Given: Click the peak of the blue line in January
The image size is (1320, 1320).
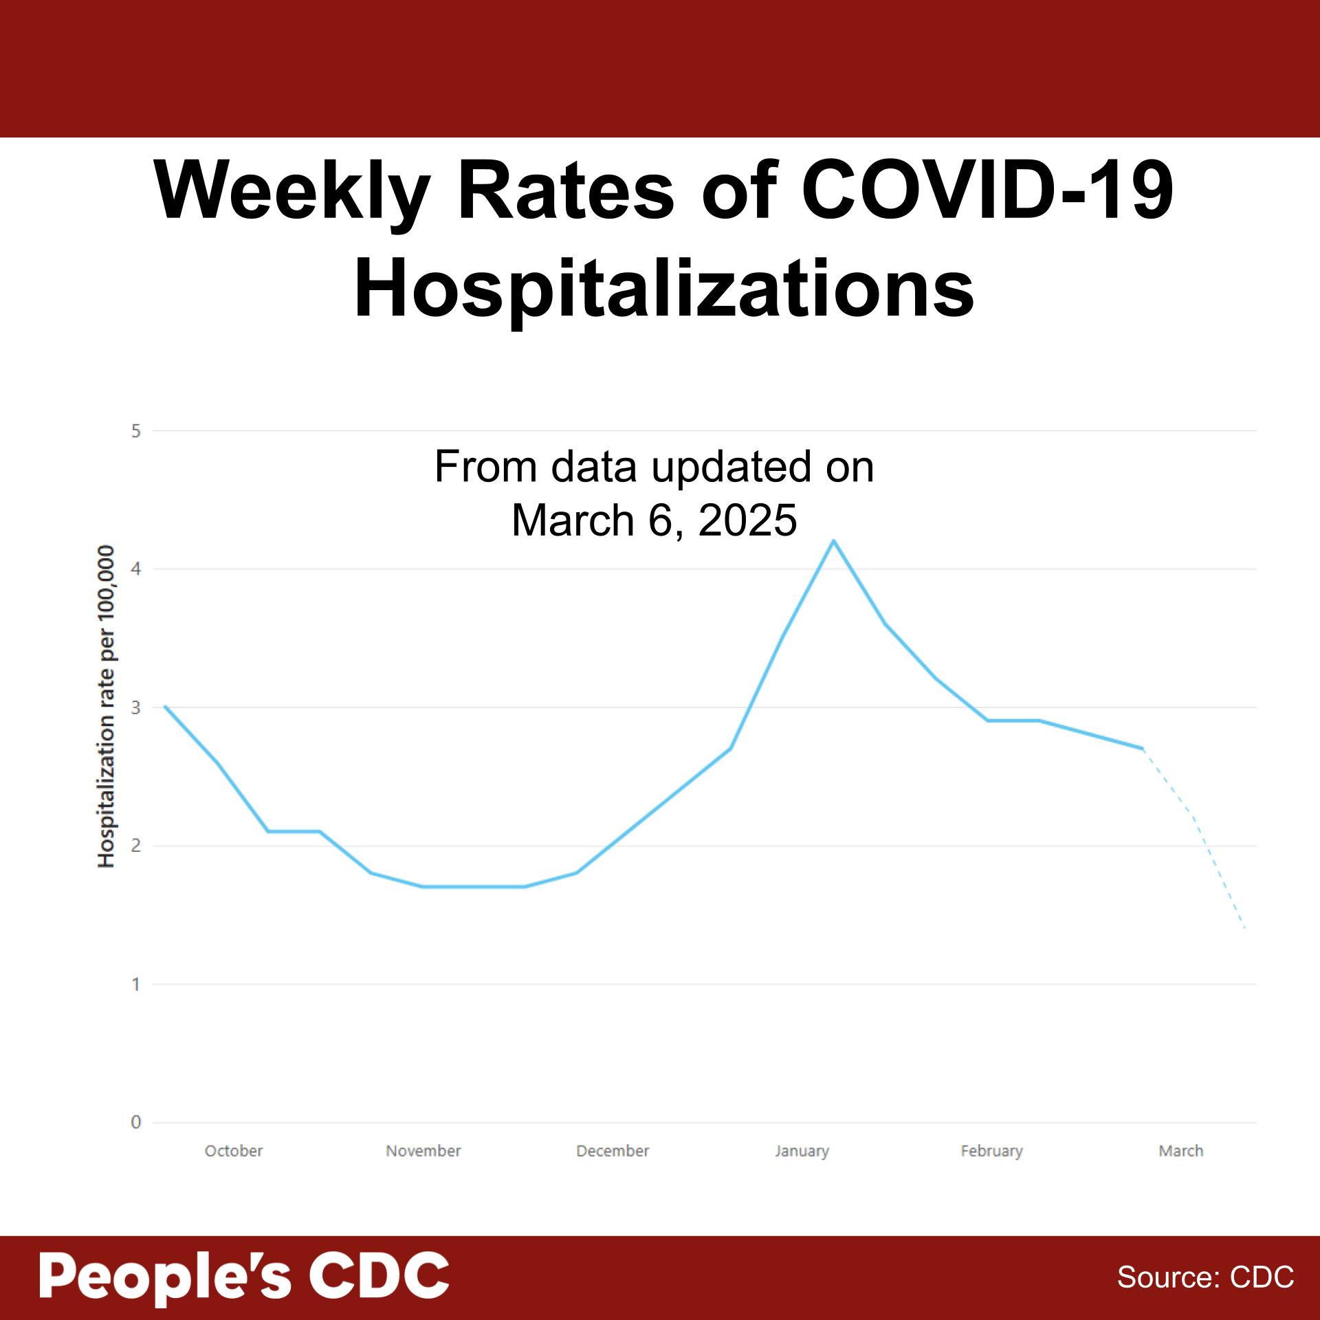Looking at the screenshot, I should [833, 540].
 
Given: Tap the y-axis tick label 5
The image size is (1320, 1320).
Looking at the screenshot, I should [136, 431].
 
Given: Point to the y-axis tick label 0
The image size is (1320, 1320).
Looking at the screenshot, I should [136, 1123].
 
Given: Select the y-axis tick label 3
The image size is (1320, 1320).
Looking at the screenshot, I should [136, 707].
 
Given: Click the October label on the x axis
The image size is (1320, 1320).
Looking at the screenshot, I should [234, 1151].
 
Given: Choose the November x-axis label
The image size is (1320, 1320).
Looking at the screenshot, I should [423, 1151].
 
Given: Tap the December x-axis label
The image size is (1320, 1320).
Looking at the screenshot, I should [613, 1151].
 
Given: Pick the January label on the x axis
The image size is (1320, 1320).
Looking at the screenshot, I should [802, 1151].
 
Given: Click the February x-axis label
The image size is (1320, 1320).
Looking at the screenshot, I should [991, 1151].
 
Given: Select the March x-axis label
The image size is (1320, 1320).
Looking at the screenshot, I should [1180, 1151].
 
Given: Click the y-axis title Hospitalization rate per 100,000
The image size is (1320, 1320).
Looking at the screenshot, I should [106, 707].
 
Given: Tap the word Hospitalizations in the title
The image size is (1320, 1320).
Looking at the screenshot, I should [663, 289].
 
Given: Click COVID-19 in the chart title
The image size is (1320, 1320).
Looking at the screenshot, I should [987, 190].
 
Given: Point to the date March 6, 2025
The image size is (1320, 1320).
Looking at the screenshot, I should [654, 520].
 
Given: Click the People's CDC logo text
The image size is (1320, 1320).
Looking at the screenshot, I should [244, 1276].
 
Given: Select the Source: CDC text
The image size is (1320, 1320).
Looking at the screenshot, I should [1205, 1277].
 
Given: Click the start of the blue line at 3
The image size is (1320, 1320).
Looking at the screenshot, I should [165, 707].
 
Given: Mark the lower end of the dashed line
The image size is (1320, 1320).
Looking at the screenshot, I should [1245, 929].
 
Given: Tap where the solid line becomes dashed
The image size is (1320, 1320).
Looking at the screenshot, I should [1143, 749].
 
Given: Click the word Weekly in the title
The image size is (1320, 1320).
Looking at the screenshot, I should [291, 190].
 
